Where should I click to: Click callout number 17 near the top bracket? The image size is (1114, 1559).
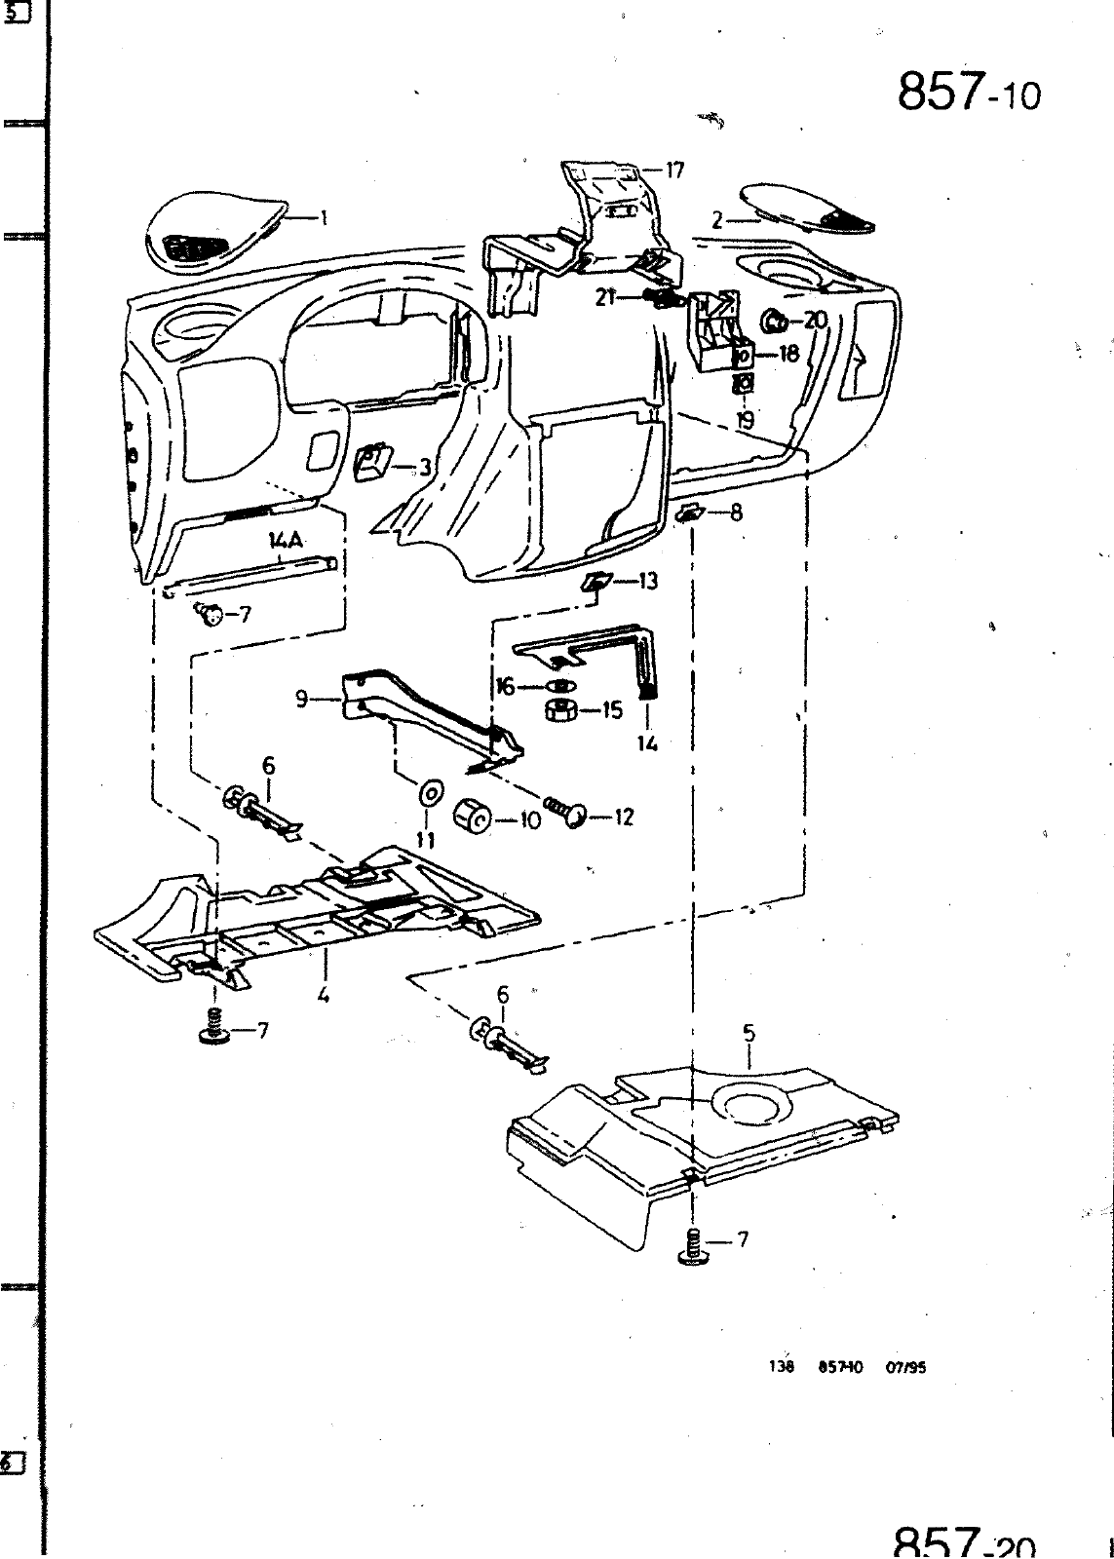click(x=674, y=171)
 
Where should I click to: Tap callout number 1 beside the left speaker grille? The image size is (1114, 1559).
click(x=324, y=218)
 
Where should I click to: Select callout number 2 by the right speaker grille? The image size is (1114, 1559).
click(x=716, y=221)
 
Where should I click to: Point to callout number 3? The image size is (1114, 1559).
click(x=425, y=468)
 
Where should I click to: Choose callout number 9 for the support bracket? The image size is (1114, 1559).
click(x=302, y=698)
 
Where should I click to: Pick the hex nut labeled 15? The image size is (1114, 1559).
click(x=559, y=710)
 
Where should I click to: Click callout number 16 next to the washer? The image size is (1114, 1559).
click(x=505, y=687)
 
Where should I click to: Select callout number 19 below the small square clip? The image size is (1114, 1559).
click(x=745, y=420)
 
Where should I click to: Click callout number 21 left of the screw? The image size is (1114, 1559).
click(x=605, y=297)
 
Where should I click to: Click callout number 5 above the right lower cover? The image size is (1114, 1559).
click(x=749, y=1033)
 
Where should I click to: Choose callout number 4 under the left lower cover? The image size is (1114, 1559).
click(x=323, y=995)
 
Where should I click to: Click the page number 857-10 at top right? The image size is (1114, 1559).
click(x=968, y=94)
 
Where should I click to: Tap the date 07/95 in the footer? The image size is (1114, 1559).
click(x=905, y=1367)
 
